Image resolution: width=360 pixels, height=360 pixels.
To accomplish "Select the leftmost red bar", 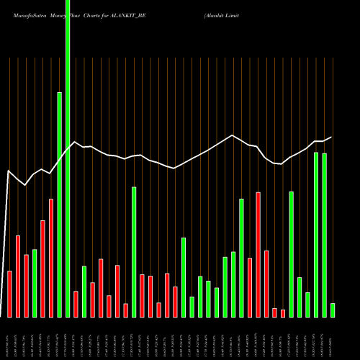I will [x=10, y=294].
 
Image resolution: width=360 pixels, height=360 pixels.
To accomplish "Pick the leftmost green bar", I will [x=35, y=283].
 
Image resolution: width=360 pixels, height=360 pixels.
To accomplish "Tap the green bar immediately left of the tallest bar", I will [x=60, y=204].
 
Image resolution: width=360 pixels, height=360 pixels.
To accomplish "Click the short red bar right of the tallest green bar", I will [x=76, y=304].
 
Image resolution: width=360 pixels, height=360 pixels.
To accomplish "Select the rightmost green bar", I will [x=333, y=310].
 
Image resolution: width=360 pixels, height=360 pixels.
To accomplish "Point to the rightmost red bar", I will [x=283, y=313].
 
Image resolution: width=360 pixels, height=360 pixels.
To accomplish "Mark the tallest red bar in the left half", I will [x=51, y=258].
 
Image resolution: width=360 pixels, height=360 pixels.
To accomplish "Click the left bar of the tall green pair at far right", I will [x=316, y=235].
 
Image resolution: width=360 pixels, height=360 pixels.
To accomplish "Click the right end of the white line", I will [x=331, y=137].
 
